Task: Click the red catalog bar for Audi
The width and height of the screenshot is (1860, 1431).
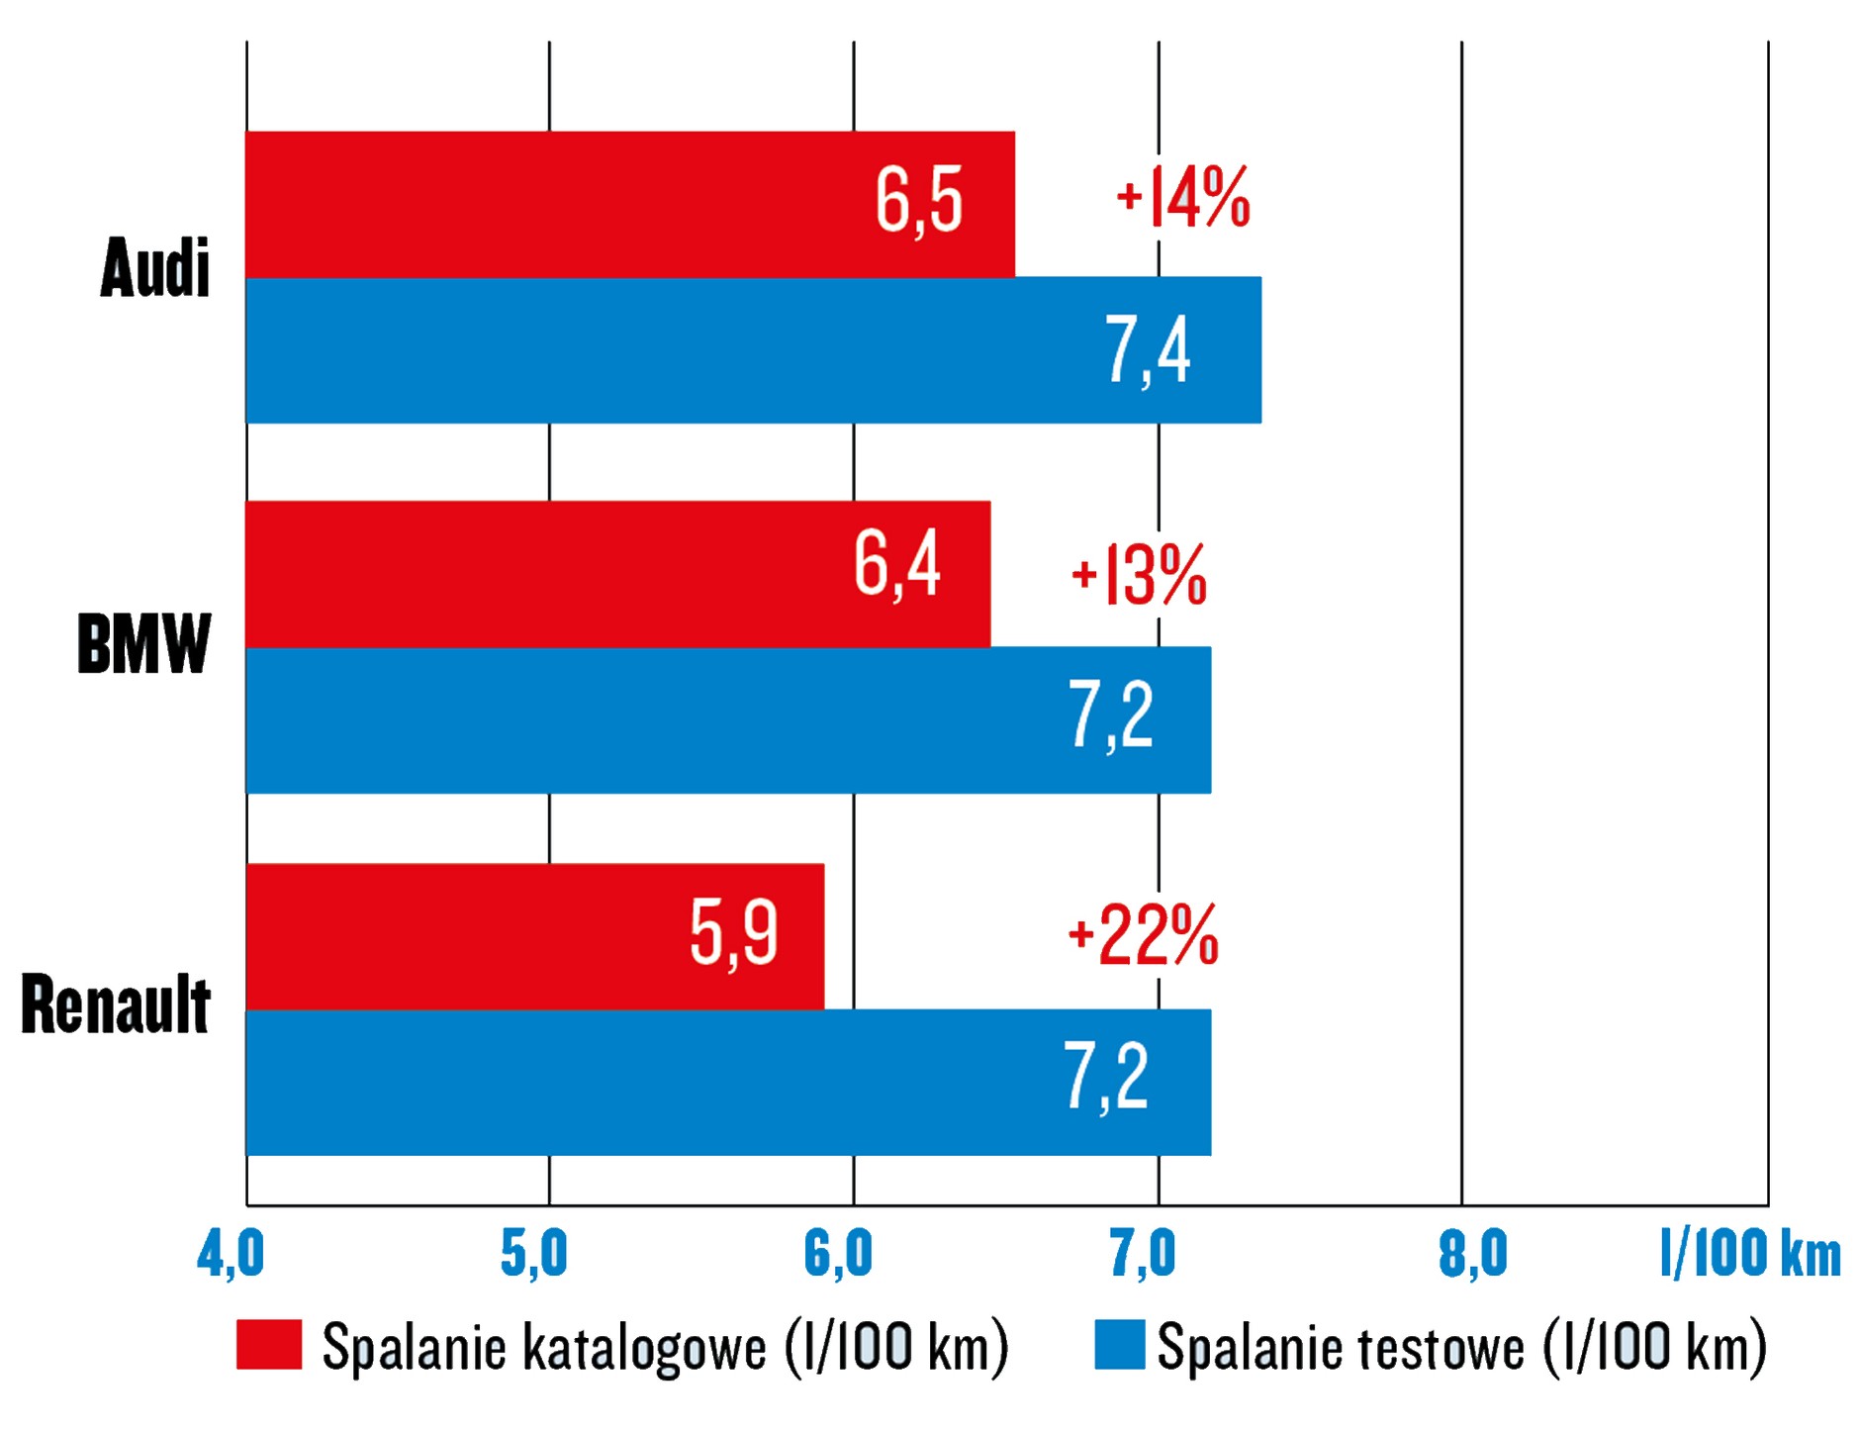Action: (629, 204)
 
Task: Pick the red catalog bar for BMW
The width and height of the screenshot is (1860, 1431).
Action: (617, 574)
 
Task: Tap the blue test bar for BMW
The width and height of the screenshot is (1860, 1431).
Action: (727, 720)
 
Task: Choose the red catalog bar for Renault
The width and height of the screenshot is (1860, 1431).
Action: (534, 936)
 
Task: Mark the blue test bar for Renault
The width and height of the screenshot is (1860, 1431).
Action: (727, 1083)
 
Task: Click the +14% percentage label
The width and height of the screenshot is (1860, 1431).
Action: (1182, 197)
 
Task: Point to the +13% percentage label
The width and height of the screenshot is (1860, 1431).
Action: (1139, 574)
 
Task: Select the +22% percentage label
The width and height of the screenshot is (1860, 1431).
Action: (1143, 935)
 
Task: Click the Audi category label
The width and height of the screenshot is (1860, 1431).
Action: (155, 267)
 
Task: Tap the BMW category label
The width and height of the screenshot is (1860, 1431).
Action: (144, 643)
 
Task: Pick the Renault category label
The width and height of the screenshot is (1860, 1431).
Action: (116, 1004)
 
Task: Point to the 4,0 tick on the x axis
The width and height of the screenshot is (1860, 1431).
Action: (231, 1256)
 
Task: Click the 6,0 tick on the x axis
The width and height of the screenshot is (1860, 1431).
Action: (838, 1256)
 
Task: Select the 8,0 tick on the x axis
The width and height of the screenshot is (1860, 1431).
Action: (1472, 1256)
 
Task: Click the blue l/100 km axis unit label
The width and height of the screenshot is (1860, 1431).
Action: (1749, 1254)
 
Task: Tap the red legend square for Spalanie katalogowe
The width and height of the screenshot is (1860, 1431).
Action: (269, 1345)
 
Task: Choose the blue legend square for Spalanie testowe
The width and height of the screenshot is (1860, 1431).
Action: (1119, 1345)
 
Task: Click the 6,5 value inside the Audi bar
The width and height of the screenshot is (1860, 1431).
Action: (918, 201)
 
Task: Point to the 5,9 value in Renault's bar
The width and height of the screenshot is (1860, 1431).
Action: (733, 933)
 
